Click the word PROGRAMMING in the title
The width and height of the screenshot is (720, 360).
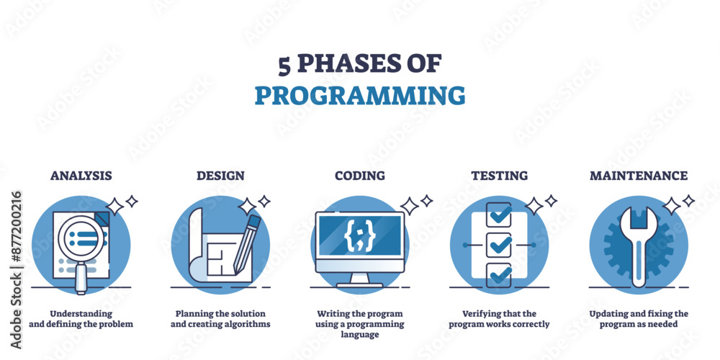pyautogui.click(x=359, y=95)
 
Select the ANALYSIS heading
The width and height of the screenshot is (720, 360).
pyautogui.click(x=81, y=175)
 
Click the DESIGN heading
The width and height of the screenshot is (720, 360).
pyautogui.click(x=220, y=175)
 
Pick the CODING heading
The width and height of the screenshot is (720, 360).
pyautogui.click(x=359, y=175)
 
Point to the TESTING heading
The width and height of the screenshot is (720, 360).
pyautogui.click(x=499, y=175)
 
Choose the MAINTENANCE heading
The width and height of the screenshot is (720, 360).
pyautogui.click(x=638, y=175)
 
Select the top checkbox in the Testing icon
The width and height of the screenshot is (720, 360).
pyautogui.click(x=499, y=214)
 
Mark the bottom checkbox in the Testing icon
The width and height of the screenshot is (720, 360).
pyautogui.click(x=499, y=274)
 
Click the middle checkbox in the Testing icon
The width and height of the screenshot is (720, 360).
pyautogui.click(x=499, y=245)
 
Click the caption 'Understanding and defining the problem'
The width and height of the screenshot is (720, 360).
pyautogui.click(x=81, y=319)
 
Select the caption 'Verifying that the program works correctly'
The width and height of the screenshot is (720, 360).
pyautogui.click(x=499, y=319)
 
